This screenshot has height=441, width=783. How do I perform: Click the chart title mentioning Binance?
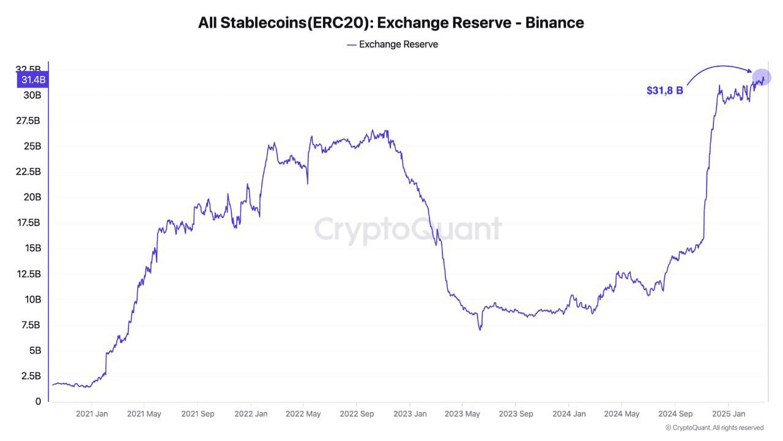(x=391, y=23)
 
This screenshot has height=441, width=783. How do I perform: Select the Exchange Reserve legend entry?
(x=392, y=44)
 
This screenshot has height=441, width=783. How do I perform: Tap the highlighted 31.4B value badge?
(x=33, y=80)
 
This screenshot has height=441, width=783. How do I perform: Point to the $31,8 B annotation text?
(x=664, y=91)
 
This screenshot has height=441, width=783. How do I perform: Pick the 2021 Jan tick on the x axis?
(x=92, y=414)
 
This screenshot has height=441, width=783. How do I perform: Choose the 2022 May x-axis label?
(x=303, y=414)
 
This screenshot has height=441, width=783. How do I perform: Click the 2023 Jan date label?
(x=409, y=414)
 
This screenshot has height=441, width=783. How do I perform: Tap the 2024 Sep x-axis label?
(x=675, y=414)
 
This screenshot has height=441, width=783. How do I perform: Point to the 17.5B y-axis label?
(x=29, y=223)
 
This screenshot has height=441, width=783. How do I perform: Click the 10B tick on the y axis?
(x=33, y=300)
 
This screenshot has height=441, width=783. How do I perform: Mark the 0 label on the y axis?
(x=38, y=402)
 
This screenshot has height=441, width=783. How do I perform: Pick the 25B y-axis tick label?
(x=33, y=146)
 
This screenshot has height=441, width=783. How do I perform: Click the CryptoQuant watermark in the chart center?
(x=408, y=229)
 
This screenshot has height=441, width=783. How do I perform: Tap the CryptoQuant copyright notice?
(x=714, y=428)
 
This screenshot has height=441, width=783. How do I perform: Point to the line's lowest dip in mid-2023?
(x=480, y=330)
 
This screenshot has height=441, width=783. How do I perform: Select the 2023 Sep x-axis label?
(x=515, y=414)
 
